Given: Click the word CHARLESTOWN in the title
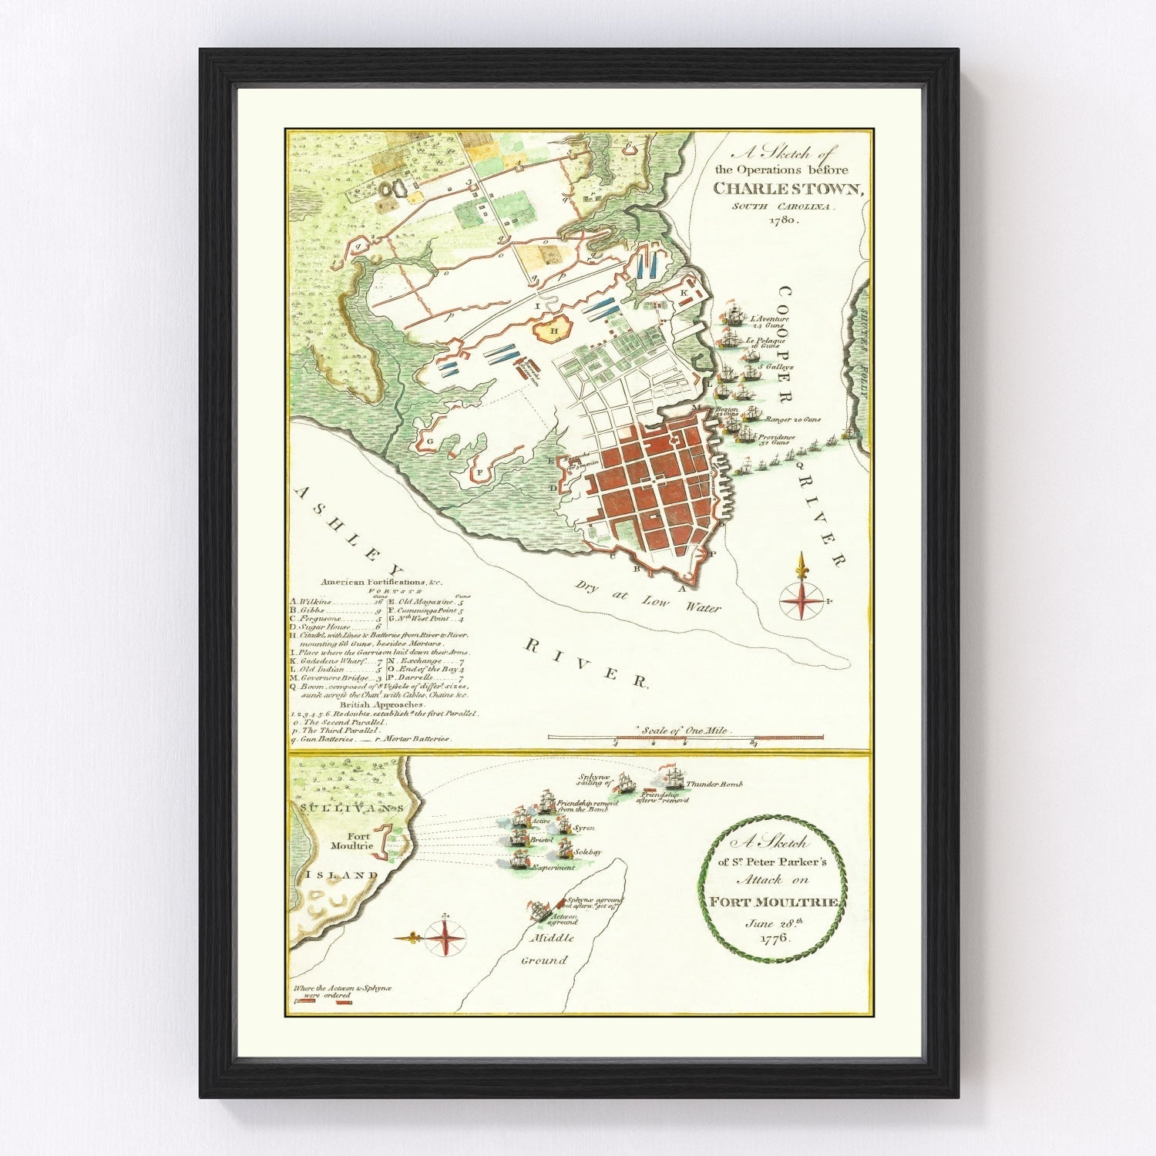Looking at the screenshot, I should (790, 187).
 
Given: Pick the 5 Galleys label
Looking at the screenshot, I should (771, 367).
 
